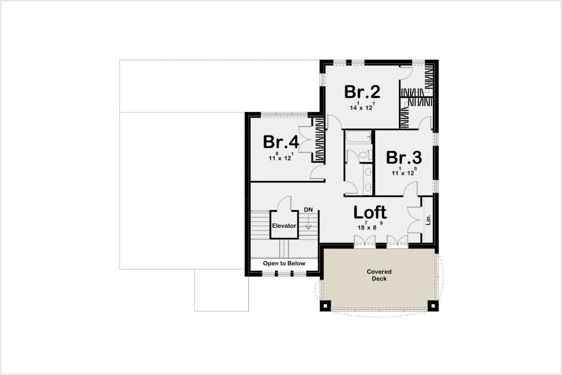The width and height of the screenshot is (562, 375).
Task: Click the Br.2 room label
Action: [x=362, y=92]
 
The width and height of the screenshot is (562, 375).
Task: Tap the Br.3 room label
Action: [x=404, y=158]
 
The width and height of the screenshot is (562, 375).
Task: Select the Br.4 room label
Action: [x=281, y=142]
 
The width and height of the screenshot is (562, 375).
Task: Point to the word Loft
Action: [x=370, y=212]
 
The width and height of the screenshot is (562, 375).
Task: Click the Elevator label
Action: [x=284, y=226]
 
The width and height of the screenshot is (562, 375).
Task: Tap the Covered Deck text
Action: [x=379, y=275]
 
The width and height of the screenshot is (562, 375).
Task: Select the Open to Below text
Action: [x=284, y=263]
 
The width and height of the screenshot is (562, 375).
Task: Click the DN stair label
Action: [x=308, y=210]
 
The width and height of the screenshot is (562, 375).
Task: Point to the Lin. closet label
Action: [x=428, y=220]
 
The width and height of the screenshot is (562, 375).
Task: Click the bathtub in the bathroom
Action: [x=358, y=136]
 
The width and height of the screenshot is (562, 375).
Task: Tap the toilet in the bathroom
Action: [x=365, y=155]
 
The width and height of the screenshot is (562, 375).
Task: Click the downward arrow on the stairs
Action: [x=308, y=222]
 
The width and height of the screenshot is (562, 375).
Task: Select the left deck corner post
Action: [x=325, y=306]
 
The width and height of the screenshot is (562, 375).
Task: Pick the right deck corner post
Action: [x=433, y=306]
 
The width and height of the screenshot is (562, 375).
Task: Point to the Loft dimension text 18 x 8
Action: [x=370, y=226]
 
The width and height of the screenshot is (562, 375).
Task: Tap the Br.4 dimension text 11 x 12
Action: [x=281, y=157]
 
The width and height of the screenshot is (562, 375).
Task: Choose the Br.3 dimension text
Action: [x=404, y=172]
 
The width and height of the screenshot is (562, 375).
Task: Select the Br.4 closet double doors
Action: [x=305, y=140]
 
